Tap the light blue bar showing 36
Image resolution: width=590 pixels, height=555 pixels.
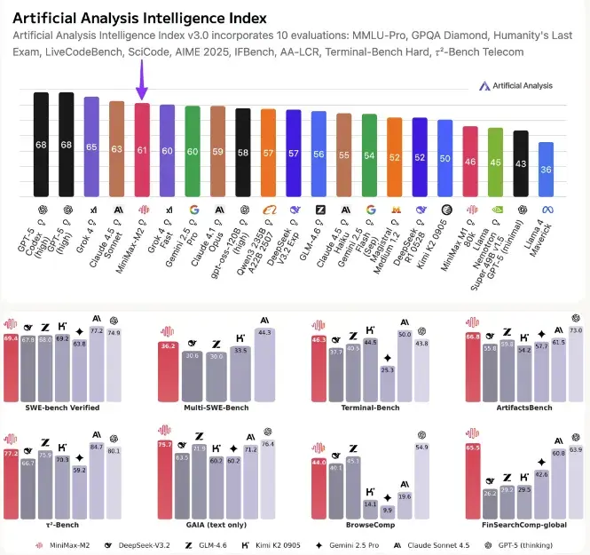[547, 169]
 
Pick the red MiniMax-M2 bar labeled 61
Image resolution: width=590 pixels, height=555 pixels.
[141, 148]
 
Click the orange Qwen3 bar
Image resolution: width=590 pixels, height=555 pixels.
[268, 152]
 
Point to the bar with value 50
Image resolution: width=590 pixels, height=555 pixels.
[445, 157]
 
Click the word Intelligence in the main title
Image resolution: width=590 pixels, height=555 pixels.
[169, 17]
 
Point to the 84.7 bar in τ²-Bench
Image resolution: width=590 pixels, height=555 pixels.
[98, 488]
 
